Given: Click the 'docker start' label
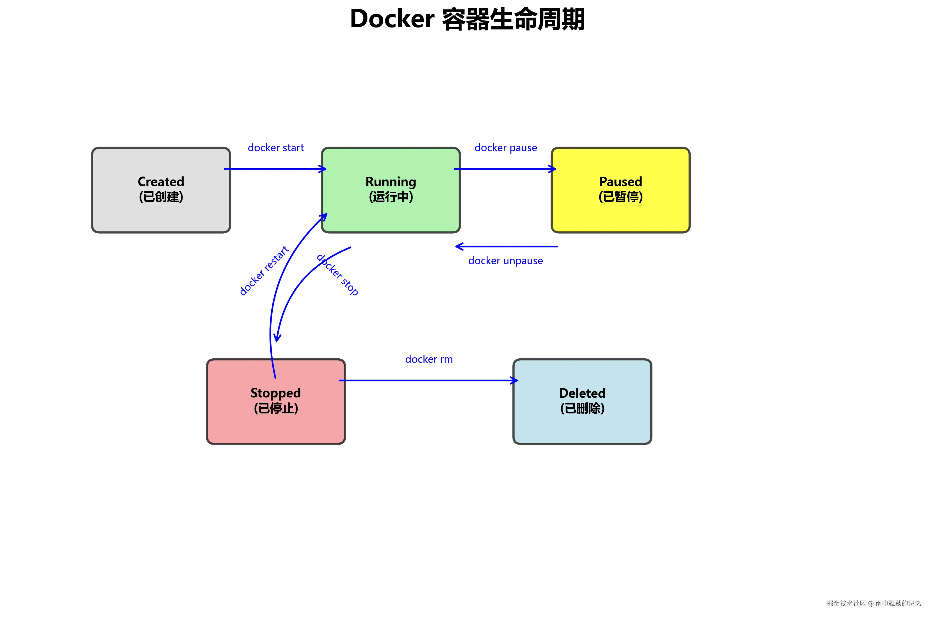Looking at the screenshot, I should tap(276, 148).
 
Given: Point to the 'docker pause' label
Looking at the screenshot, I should tap(506, 148).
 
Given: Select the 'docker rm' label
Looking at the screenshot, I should tap(429, 359).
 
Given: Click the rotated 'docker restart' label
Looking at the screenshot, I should tap(264, 271).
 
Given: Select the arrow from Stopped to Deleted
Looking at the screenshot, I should tap(427, 381).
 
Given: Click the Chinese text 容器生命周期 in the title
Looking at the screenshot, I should tap(513, 19).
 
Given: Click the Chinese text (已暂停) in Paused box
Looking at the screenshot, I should tap(620, 197).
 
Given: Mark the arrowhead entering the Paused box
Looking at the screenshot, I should tap(553, 169).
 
